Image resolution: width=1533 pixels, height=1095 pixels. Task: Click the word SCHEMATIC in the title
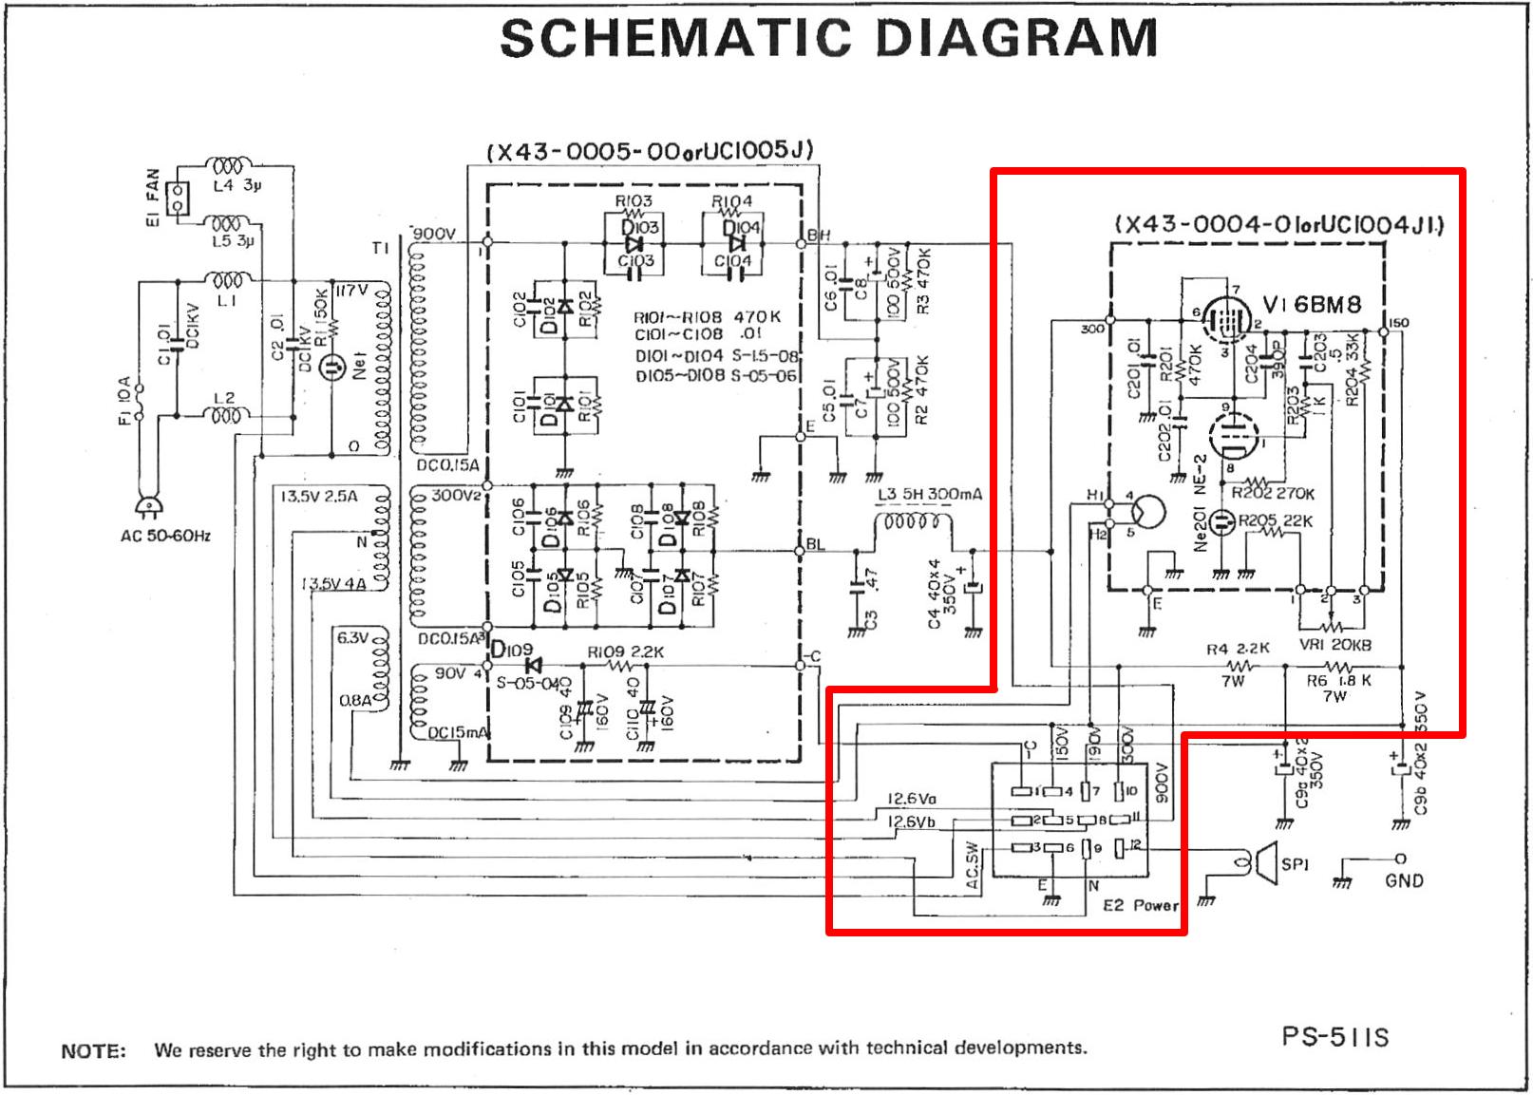(x=675, y=38)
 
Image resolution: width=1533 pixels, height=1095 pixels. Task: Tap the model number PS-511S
(x=1334, y=1036)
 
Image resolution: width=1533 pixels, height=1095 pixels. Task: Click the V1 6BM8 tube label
(x=1312, y=305)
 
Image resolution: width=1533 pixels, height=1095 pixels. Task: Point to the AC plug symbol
(x=148, y=506)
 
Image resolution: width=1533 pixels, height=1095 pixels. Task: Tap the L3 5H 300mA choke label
(x=929, y=494)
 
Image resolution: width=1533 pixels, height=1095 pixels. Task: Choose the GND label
(x=1404, y=880)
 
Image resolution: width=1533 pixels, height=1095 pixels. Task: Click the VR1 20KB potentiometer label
(x=1334, y=645)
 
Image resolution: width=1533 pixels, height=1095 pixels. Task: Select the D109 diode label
(x=512, y=650)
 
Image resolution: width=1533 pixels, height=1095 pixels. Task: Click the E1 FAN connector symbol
(x=177, y=198)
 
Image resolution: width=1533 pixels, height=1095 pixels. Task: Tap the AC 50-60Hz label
(x=165, y=536)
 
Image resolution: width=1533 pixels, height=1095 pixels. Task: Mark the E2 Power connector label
(x=1140, y=905)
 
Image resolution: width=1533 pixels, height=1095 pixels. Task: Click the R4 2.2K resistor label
(x=1238, y=649)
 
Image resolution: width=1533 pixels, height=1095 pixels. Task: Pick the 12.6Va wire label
(x=911, y=799)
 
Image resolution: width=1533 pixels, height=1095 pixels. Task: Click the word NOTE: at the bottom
(x=93, y=1050)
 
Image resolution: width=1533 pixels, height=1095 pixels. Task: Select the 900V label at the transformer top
(x=434, y=234)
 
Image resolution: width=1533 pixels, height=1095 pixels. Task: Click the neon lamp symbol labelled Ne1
(x=332, y=367)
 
